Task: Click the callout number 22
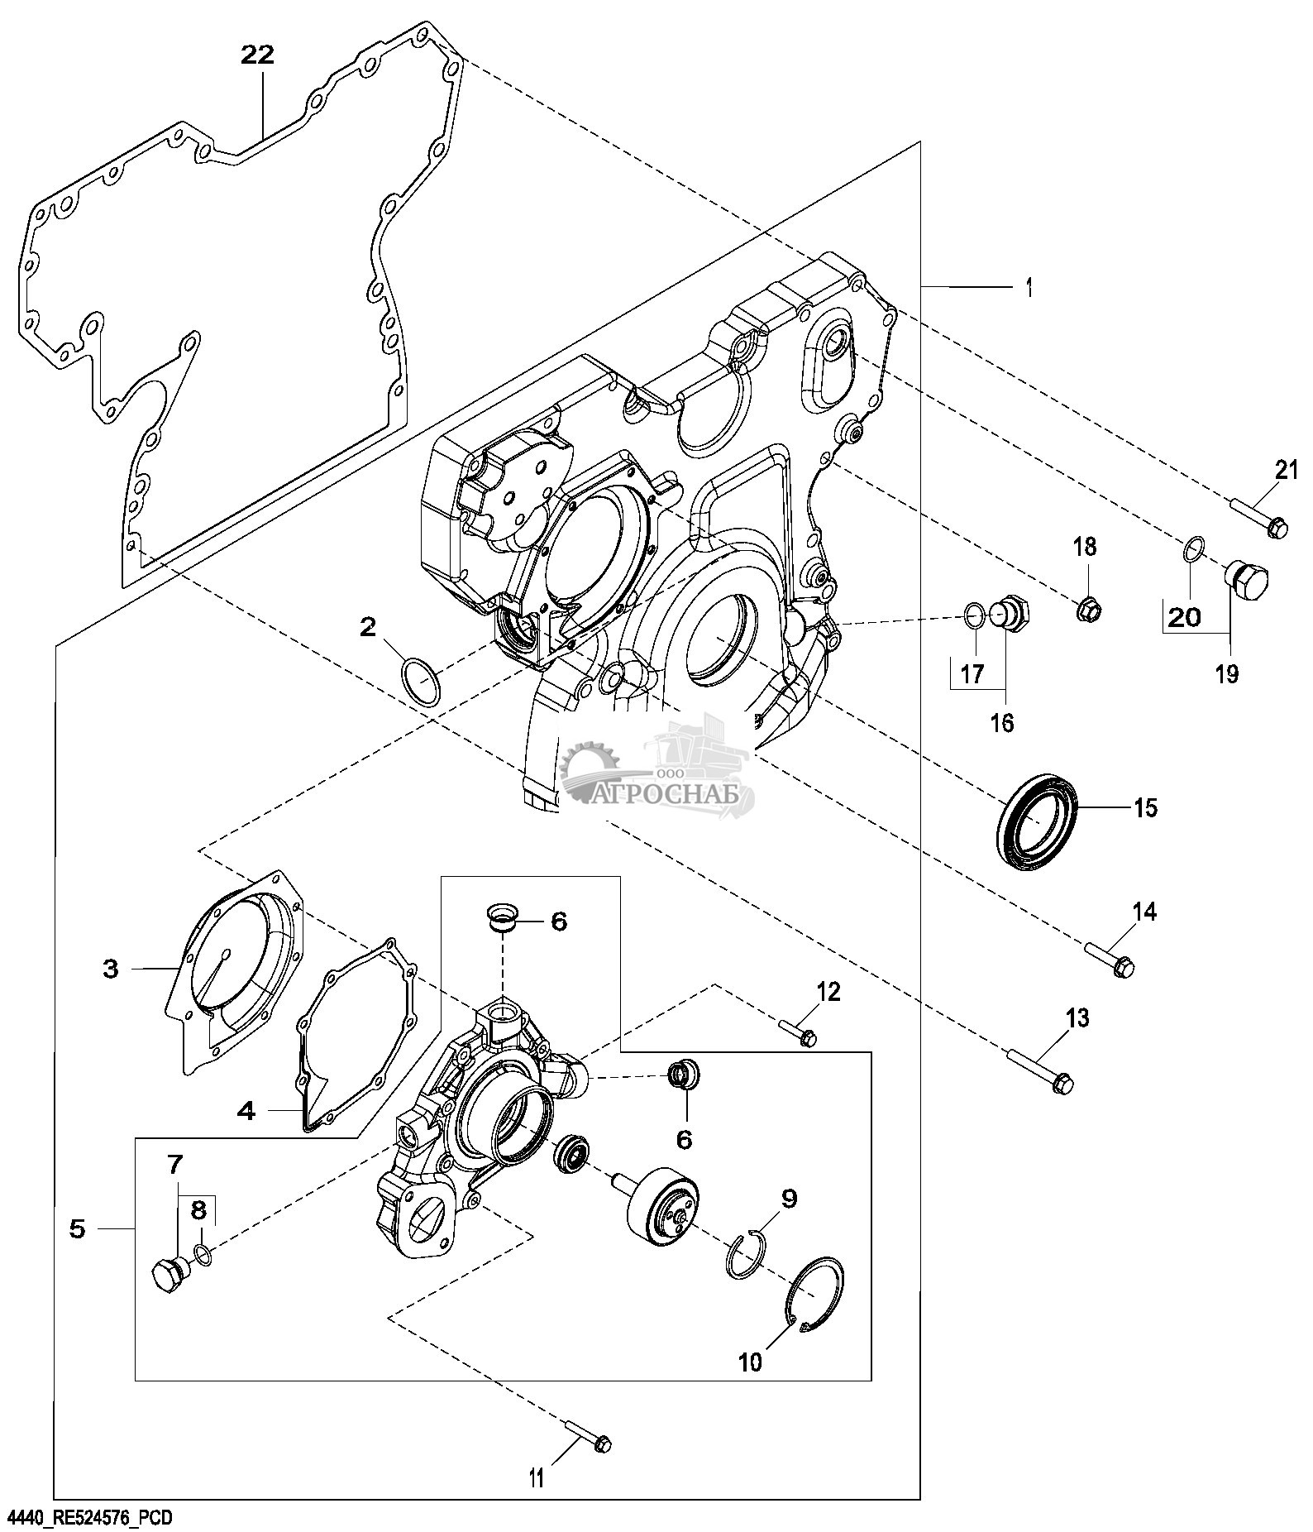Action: pos(257,55)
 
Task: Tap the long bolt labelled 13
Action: pos(1040,1071)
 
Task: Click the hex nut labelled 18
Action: pos(1089,610)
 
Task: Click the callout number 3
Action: pos(111,969)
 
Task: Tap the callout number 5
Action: pos(77,1229)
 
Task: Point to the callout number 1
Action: pos(1029,288)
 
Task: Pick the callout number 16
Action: pos(1001,722)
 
